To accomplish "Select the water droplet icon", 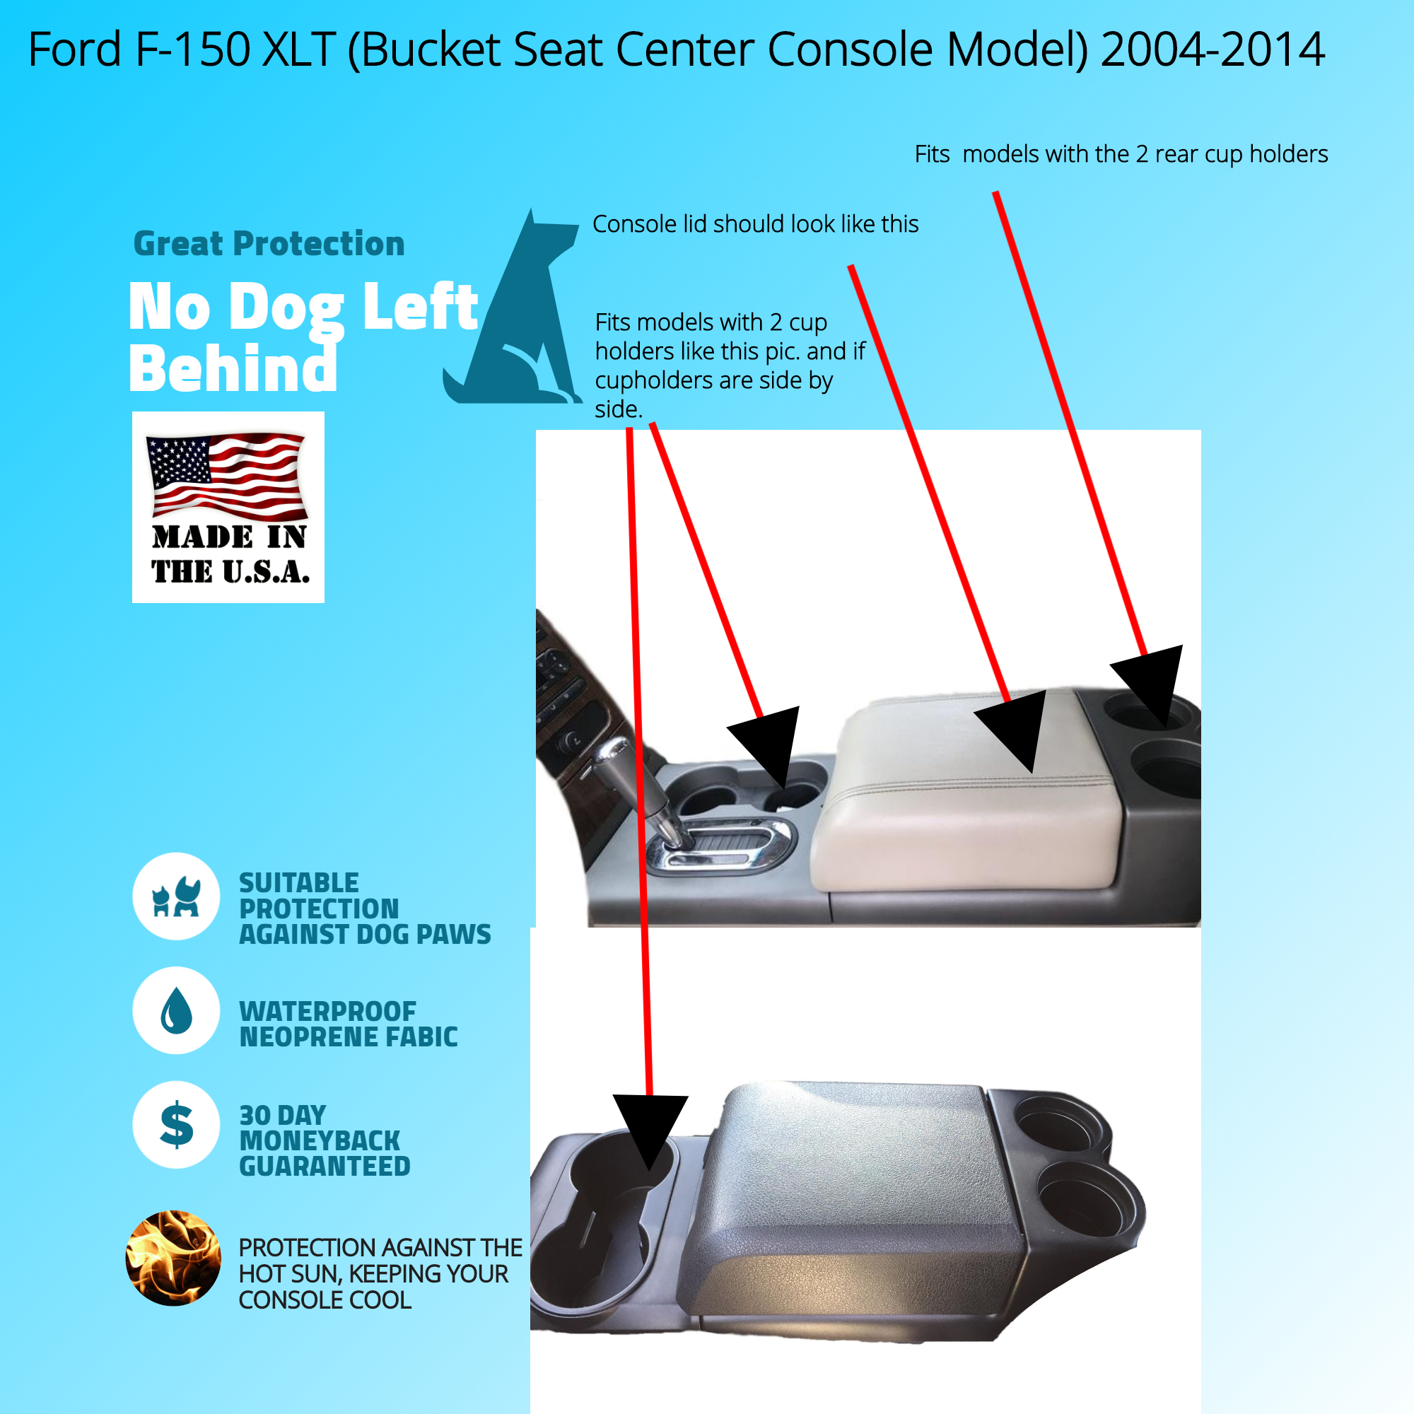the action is pyautogui.click(x=176, y=1011).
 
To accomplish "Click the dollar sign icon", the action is pyautogui.click(x=176, y=1125).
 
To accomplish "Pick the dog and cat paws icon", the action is pyautogui.click(x=176, y=896).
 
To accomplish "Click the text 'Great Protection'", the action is pyautogui.click(x=269, y=244).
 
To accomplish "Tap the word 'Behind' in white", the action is pyautogui.click(x=233, y=368).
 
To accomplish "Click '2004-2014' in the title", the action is pyautogui.click(x=1213, y=49).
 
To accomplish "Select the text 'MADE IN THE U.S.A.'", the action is pyautogui.click(x=230, y=554).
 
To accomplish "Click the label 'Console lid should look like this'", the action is pyautogui.click(x=755, y=224).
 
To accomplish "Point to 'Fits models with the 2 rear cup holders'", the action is pyautogui.click(x=1121, y=154).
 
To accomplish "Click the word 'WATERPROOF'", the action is pyautogui.click(x=328, y=1012).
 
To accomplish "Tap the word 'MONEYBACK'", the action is pyautogui.click(x=320, y=1141).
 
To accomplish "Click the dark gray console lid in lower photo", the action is pyautogui.click(x=853, y=1200).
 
